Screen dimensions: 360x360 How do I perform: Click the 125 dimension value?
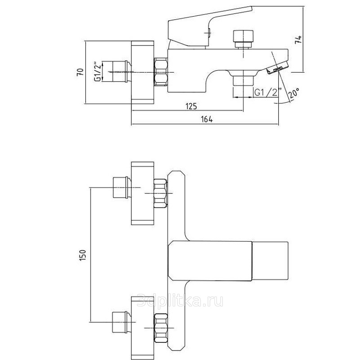[x=191, y=106]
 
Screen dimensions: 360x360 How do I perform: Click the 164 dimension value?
[x=207, y=120]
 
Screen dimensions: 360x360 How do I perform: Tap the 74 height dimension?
[x=298, y=40]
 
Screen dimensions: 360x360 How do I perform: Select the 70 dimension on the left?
[x=80, y=72]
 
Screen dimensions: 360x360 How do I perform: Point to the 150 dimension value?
[x=82, y=255]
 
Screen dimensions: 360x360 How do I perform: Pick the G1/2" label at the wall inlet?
[x=98, y=71]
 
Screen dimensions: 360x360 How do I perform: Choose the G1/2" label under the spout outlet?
[x=268, y=92]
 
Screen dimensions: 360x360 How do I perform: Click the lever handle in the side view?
[x=210, y=27]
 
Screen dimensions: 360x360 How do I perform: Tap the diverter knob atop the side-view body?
[x=243, y=39]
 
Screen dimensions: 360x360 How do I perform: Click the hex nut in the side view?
[x=161, y=72]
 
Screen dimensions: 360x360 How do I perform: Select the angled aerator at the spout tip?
[x=277, y=68]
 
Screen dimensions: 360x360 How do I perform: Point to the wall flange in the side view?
[x=142, y=72]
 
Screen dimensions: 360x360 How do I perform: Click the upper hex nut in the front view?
[x=161, y=193]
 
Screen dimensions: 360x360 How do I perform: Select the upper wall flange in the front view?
[x=142, y=193]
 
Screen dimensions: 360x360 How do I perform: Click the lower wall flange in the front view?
[x=142, y=328]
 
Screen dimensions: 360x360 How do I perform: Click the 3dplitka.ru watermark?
[x=180, y=301]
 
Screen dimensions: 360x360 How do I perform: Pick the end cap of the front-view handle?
[x=270, y=261]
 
